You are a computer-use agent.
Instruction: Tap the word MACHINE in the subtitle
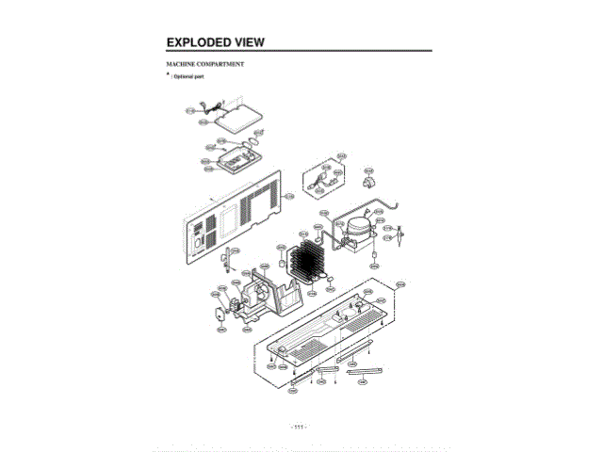183,63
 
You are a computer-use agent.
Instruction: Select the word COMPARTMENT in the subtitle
223,63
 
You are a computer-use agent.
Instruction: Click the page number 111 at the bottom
300,427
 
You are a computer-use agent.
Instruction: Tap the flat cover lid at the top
232,117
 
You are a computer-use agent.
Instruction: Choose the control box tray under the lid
231,162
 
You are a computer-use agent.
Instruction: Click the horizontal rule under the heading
299,51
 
